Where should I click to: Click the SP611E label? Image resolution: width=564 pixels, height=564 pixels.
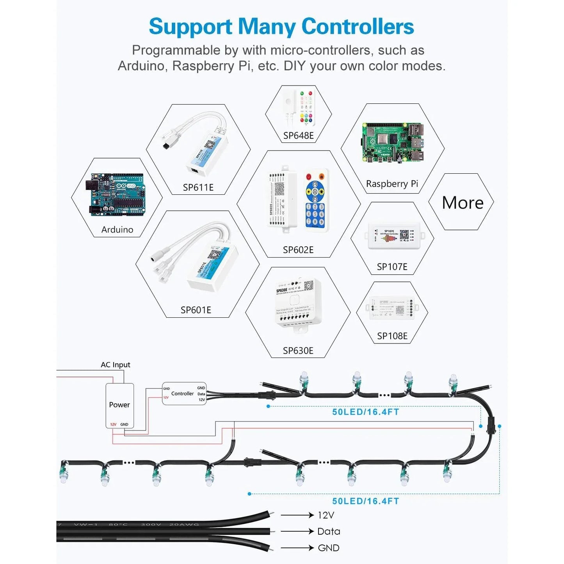click(x=198, y=188)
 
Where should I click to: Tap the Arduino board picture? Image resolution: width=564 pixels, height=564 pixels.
click(x=117, y=195)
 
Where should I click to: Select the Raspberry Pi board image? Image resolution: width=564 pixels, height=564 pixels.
click(x=393, y=142)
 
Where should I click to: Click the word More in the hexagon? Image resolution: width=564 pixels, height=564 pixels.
click(x=463, y=203)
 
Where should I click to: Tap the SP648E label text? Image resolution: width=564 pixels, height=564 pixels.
click(x=298, y=136)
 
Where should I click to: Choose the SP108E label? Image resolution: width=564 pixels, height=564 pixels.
click(x=392, y=336)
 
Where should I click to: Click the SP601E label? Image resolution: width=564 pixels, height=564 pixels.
click(x=196, y=310)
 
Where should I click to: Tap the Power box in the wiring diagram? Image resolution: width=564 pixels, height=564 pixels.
click(x=119, y=405)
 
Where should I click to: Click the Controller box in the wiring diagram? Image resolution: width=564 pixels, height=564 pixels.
click(x=184, y=393)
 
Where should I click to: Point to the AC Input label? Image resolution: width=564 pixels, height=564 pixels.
click(x=115, y=365)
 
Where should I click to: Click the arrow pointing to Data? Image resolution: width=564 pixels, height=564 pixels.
click(x=297, y=532)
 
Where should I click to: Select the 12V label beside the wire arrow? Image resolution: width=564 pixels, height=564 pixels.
click(x=326, y=516)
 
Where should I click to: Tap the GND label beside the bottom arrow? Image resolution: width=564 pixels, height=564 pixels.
click(x=328, y=548)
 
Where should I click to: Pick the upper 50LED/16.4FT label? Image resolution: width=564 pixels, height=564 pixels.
click(x=366, y=412)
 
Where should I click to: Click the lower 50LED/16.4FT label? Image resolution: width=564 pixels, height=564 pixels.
click(x=366, y=501)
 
